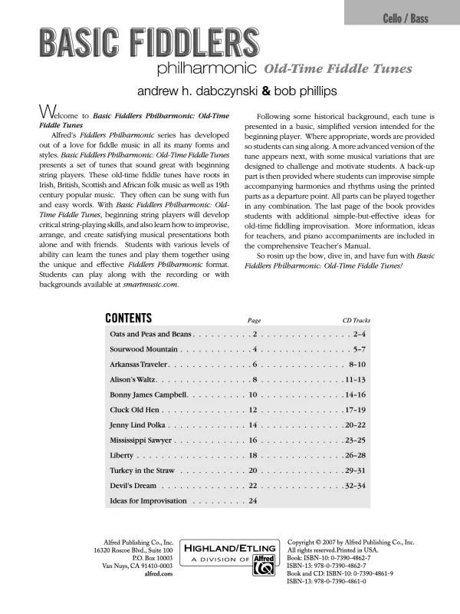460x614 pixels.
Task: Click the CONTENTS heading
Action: [128, 319]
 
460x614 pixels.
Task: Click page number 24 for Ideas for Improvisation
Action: [253, 500]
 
